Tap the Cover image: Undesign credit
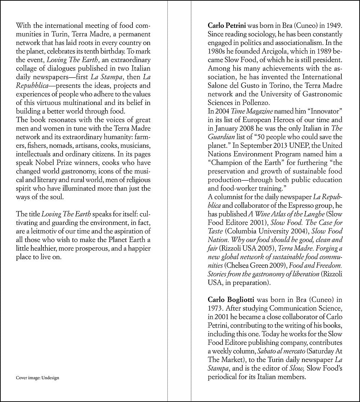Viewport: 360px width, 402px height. pyautogui.click(x=37, y=378)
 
